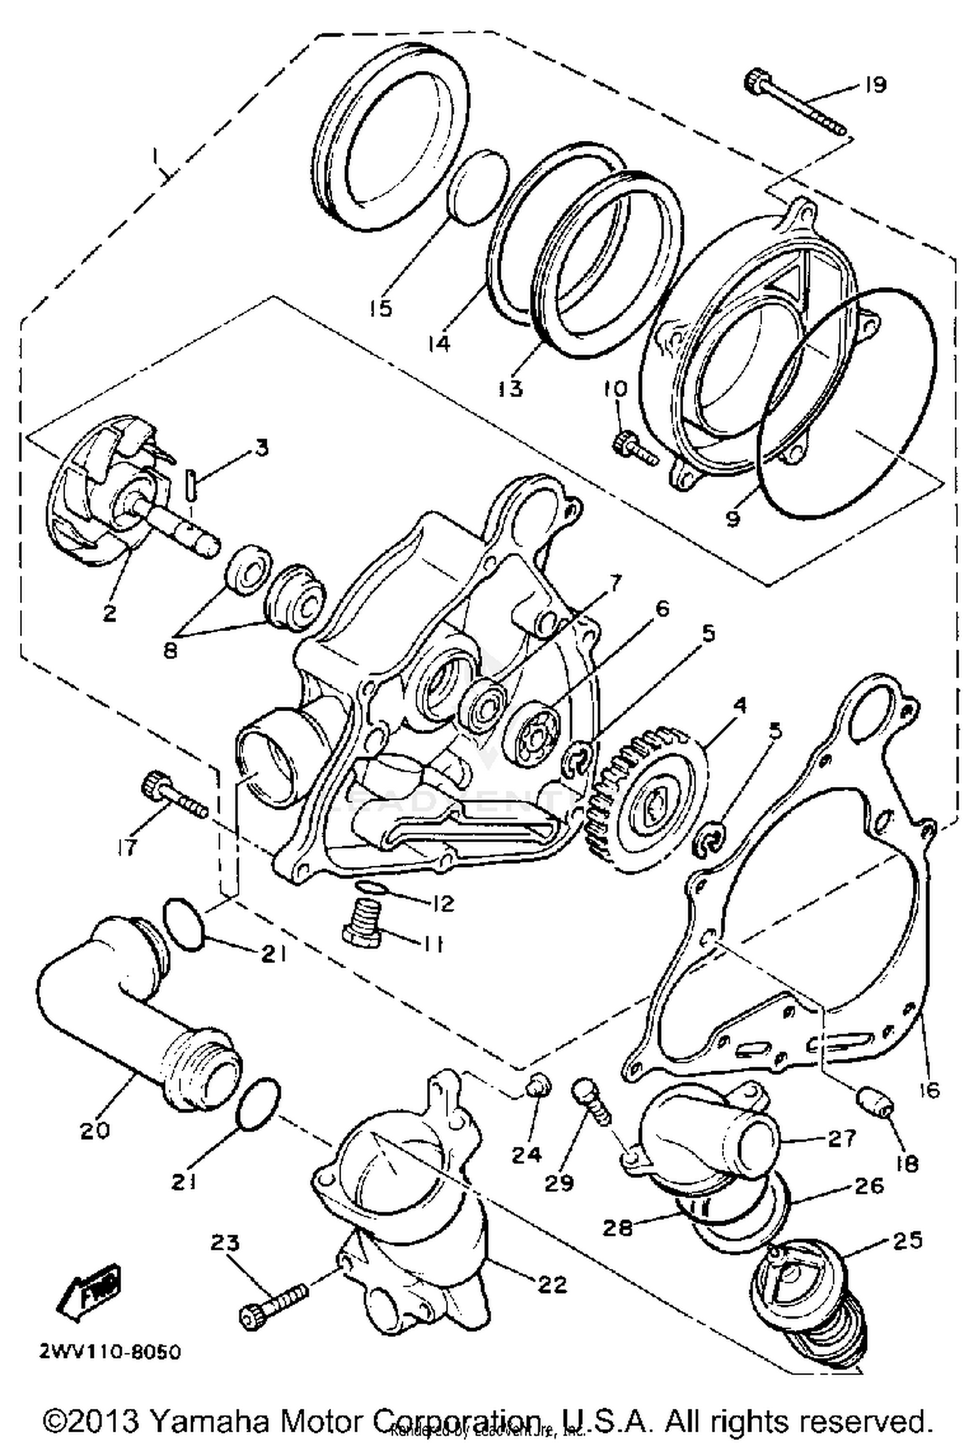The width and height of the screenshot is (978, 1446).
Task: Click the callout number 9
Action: [x=733, y=518]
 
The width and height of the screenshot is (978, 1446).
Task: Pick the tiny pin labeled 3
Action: [x=188, y=486]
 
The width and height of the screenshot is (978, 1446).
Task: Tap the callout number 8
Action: [x=171, y=650]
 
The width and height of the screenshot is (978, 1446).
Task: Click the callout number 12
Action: [x=442, y=903]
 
